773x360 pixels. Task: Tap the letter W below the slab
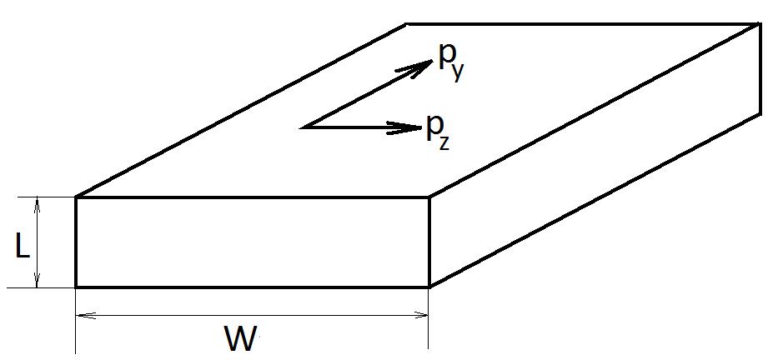(x=241, y=339)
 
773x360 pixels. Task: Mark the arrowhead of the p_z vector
(x=412, y=127)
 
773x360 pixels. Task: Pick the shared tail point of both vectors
(x=304, y=127)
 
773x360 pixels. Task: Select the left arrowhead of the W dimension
(x=81, y=316)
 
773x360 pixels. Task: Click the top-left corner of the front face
(x=76, y=197)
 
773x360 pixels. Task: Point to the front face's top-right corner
(x=429, y=197)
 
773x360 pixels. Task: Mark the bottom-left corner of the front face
(x=76, y=287)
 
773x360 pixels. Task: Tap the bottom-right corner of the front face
(x=429, y=287)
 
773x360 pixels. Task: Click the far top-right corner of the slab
(x=760, y=23)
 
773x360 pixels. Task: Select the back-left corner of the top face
(x=406, y=23)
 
